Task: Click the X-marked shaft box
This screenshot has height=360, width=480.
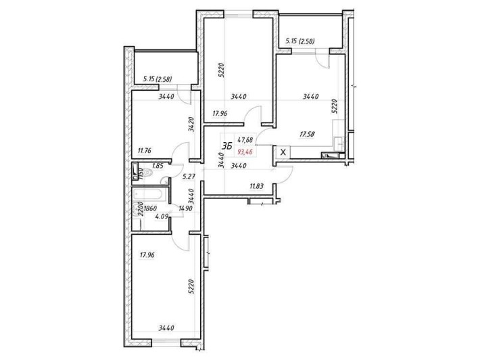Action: pyautogui.click(x=283, y=152)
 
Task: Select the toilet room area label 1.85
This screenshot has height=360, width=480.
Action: pyautogui.click(x=158, y=166)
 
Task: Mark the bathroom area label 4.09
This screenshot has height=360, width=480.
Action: pyautogui.click(x=161, y=217)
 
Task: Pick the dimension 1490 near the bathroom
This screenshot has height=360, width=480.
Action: pyautogui.click(x=186, y=209)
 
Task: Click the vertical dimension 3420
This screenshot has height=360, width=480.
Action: pyautogui.click(x=192, y=125)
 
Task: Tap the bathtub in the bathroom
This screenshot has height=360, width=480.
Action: pyautogui.click(x=146, y=195)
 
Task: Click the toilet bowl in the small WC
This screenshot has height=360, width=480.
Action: pyautogui.click(x=137, y=173)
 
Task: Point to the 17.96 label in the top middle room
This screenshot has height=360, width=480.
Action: pyautogui.click(x=222, y=114)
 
